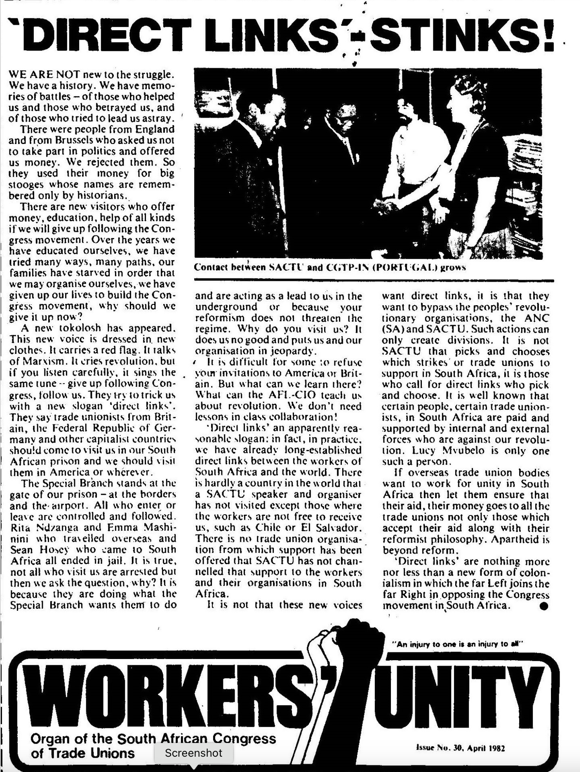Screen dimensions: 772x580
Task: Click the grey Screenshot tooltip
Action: [x=194, y=753]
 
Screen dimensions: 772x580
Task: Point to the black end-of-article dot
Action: [x=544, y=606]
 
